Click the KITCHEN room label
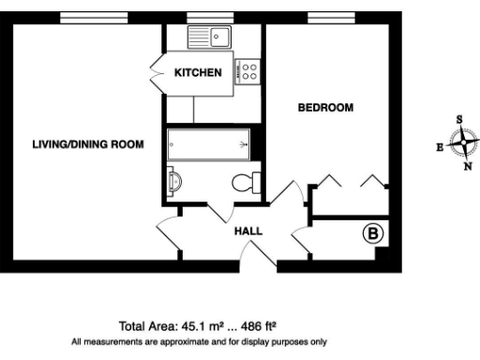tap(199, 72)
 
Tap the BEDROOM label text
tap(325, 108)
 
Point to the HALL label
tap(248, 231)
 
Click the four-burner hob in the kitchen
tap(249, 73)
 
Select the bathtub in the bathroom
tap(208, 144)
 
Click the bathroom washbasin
tap(173, 180)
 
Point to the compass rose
tap(462, 143)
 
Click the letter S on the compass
tap(459, 120)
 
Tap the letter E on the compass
tap(441, 148)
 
